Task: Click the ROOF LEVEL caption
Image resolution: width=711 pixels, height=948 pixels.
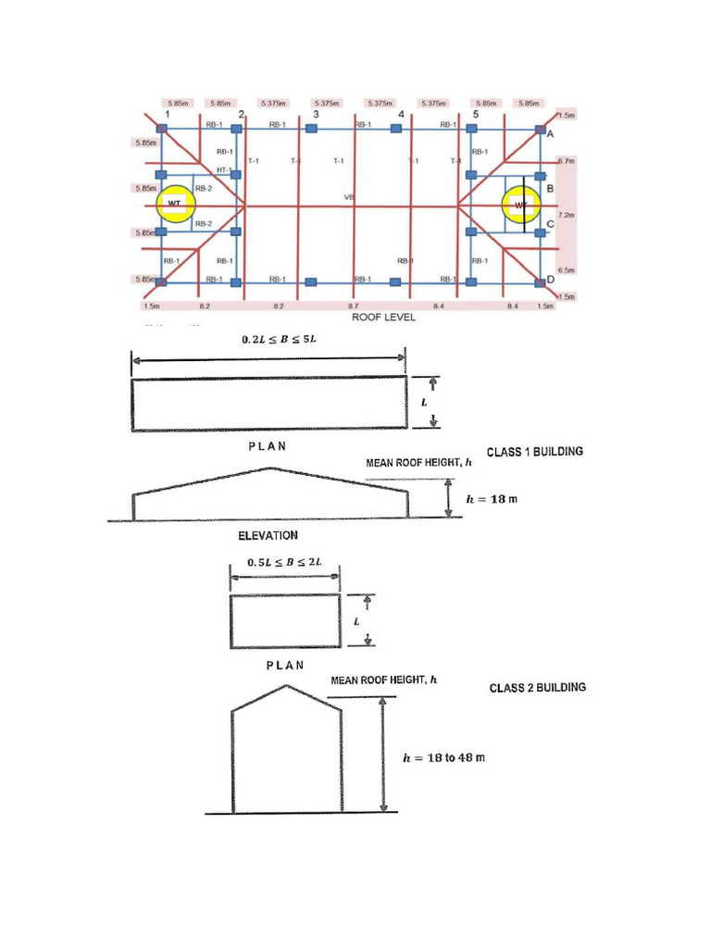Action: (x=384, y=316)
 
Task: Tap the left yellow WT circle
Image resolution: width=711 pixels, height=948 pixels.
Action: (x=173, y=204)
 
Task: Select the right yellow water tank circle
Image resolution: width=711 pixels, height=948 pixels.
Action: (x=519, y=205)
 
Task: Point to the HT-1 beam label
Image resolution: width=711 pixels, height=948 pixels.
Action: (x=222, y=169)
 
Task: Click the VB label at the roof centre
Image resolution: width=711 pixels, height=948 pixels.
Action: (x=349, y=197)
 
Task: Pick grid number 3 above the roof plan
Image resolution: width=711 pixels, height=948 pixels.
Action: (x=316, y=115)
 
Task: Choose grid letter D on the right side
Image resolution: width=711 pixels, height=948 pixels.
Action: (x=550, y=280)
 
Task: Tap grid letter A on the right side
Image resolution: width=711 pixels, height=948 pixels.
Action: (x=550, y=134)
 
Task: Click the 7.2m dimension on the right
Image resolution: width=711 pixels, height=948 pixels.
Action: (x=568, y=215)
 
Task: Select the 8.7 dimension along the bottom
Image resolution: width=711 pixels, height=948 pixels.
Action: (x=354, y=305)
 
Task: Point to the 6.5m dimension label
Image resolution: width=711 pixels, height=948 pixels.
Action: (x=568, y=270)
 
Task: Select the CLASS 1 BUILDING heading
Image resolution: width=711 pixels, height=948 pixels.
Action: (x=535, y=452)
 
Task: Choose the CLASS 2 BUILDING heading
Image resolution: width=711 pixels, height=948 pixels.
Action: (x=537, y=688)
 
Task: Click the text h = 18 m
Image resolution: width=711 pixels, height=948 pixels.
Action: (x=492, y=498)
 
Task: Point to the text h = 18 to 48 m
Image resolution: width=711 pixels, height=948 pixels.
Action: (x=443, y=757)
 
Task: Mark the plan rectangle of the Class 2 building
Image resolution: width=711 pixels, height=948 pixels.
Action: (x=285, y=622)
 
